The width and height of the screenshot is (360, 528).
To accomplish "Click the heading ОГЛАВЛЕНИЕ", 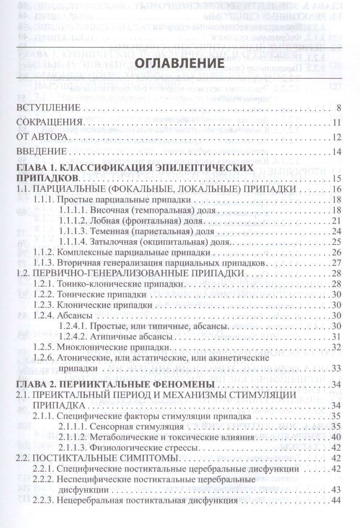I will point(182,62).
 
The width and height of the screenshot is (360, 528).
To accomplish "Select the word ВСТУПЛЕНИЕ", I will point(48,108).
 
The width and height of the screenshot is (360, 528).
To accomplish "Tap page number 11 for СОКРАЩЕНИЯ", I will point(337,123).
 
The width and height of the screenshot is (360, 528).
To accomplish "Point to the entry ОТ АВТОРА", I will point(42,137).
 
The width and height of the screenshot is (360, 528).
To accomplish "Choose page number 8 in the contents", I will point(338,108).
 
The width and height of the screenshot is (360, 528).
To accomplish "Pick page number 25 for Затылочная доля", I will point(337,241).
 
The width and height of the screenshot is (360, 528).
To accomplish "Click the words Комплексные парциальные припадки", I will point(134,252).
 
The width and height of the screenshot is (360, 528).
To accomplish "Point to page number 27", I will point(337,263).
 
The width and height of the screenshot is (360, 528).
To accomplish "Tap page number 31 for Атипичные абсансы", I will point(337,337).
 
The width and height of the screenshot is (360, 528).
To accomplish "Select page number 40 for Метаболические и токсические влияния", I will point(337,437).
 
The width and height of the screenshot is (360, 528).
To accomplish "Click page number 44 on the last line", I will point(337,501).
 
